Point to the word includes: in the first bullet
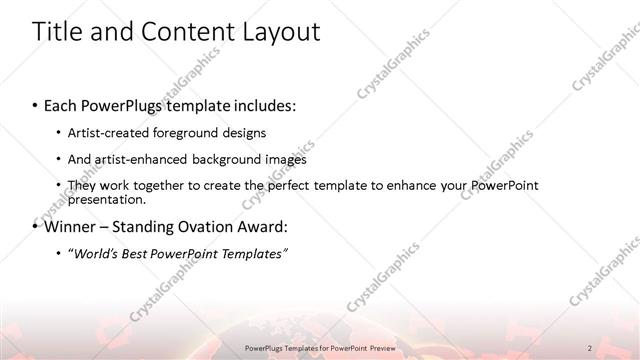[267, 105]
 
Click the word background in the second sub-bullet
[229, 159]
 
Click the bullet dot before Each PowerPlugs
[36, 105]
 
